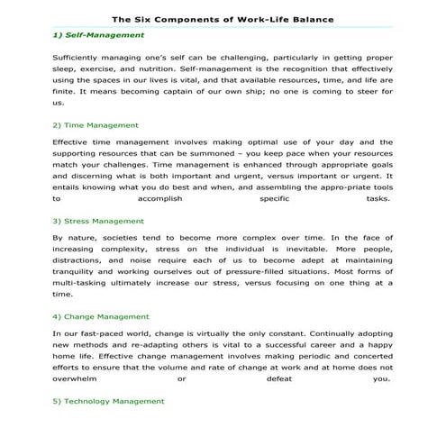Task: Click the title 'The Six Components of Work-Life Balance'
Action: (x=223, y=18)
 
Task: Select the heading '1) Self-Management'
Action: (x=98, y=34)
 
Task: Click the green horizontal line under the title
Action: (x=223, y=27)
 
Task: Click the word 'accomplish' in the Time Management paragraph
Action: (x=168, y=199)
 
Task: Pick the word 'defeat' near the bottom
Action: (x=273, y=378)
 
